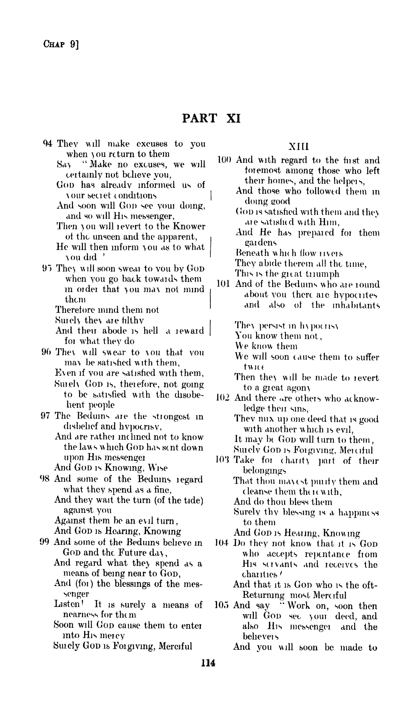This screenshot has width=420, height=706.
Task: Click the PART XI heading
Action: [x=211, y=118]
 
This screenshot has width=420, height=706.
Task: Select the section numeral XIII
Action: [x=299, y=147]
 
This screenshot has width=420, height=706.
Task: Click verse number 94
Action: [x=48, y=144]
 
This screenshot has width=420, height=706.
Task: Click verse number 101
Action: [x=223, y=284]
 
